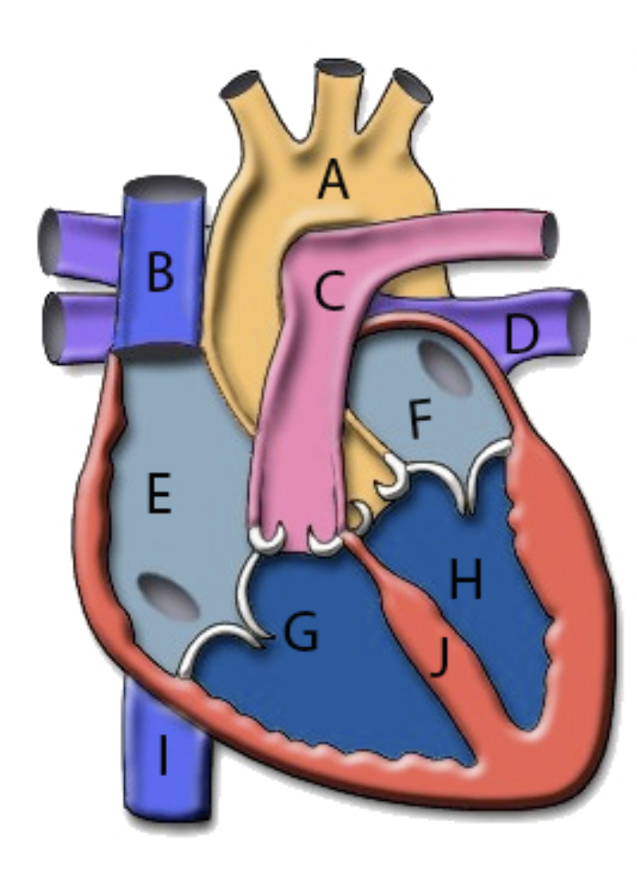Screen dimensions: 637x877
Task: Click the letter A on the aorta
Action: (x=333, y=179)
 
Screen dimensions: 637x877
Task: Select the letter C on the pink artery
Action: (x=330, y=290)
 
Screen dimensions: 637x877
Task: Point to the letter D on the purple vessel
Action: (x=521, y=334)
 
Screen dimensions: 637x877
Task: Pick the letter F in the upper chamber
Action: (x=420, y=420)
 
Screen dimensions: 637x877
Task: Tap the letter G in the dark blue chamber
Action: (x=301, y=631)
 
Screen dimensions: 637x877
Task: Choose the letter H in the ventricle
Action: (x=466, y=580)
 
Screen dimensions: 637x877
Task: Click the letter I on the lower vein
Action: (x=164, y=755)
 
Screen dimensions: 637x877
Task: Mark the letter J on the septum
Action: (x=441, y=659)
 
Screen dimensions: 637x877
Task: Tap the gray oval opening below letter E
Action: (x=169, y=596)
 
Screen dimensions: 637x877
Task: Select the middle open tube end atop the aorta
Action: (x=339, y=69)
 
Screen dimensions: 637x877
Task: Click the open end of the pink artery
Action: (x=549, y=235)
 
